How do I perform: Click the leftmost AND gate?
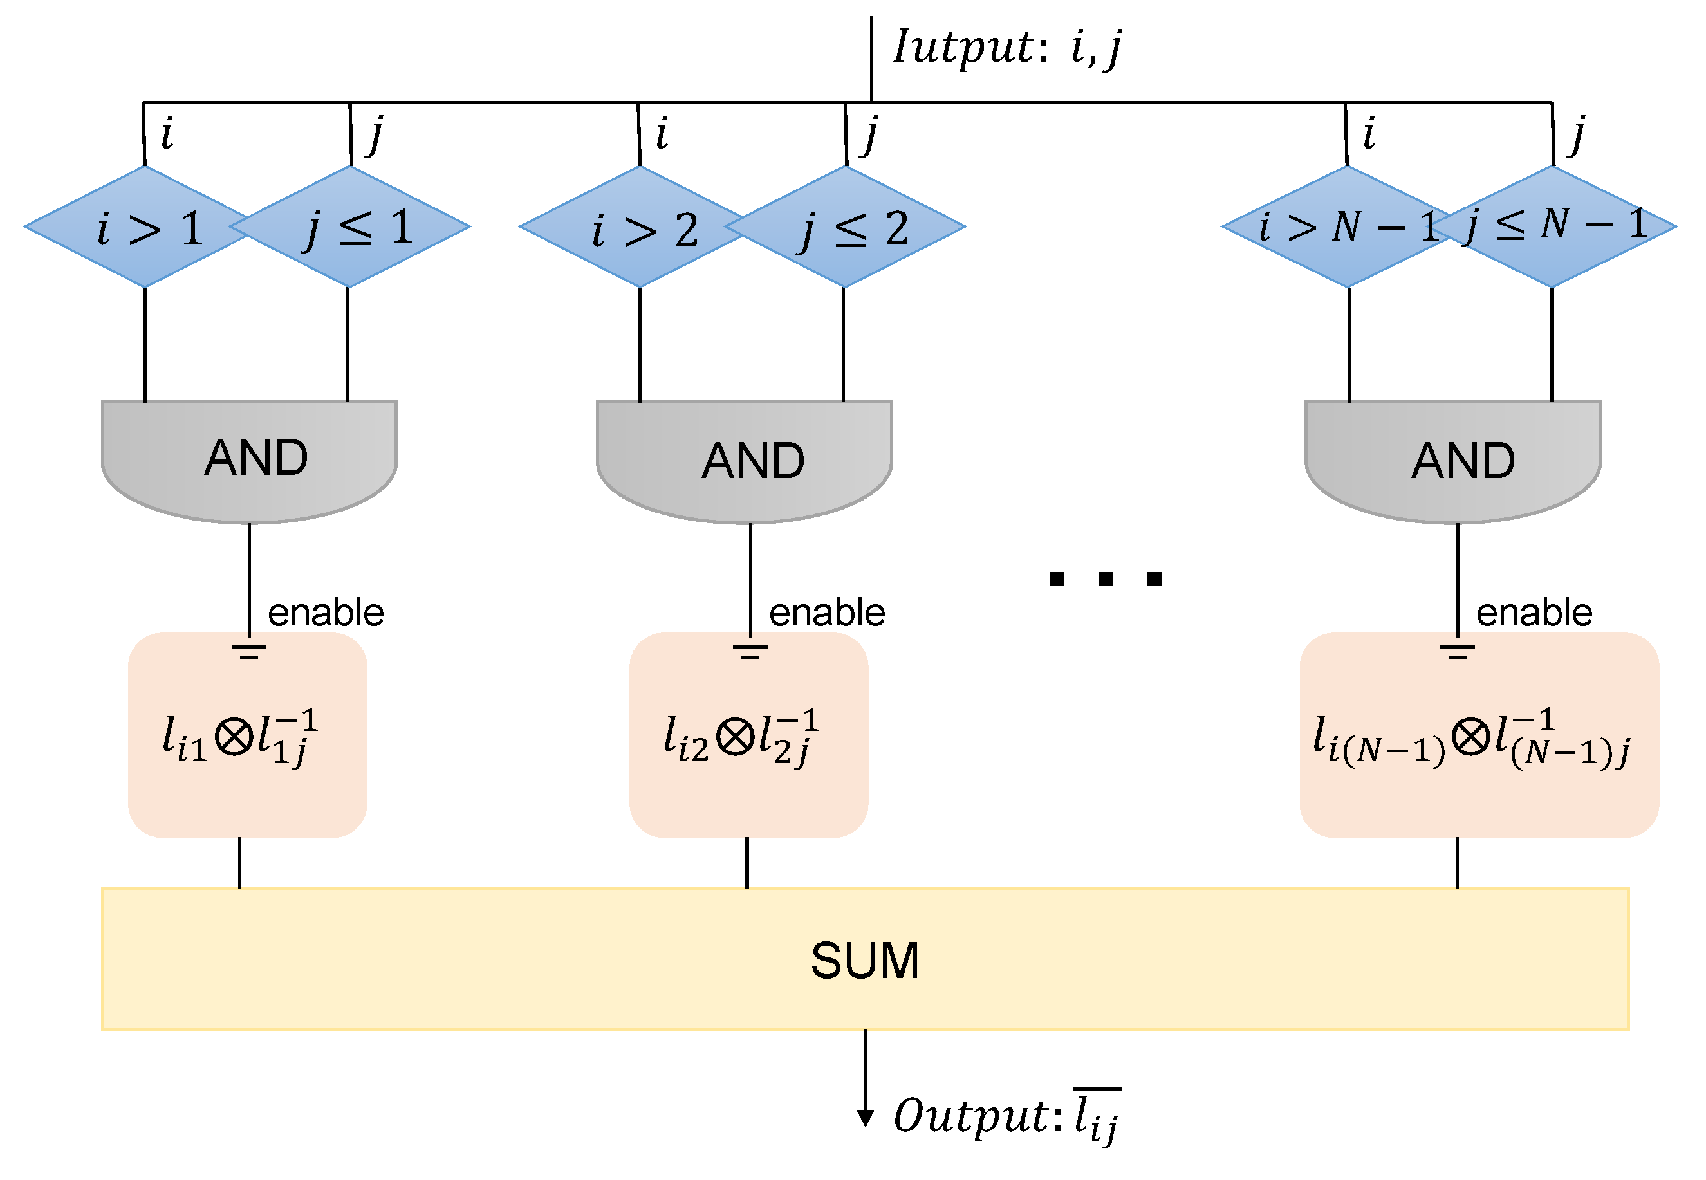[x=249, y=458]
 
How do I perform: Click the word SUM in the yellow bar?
[x=864, y=961]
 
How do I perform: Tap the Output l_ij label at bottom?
[x=1006, y=1116]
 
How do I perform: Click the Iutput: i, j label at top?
[x=1006, y=48]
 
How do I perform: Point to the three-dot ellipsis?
[x=1105, y=579]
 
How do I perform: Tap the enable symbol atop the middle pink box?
[x=750, y=651]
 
